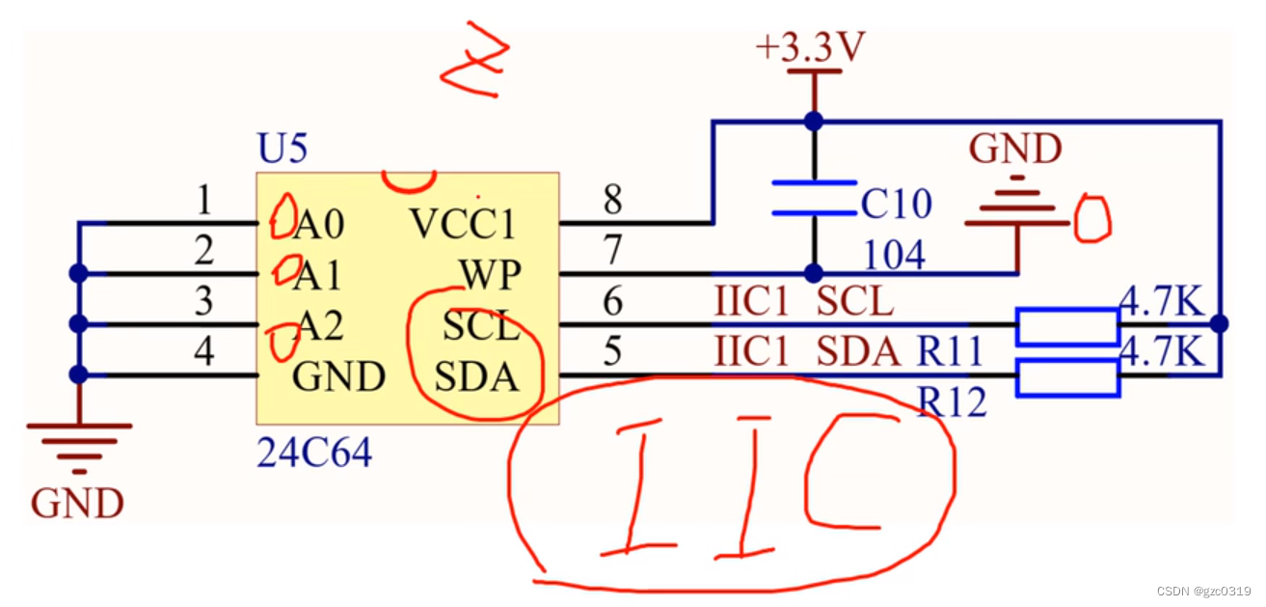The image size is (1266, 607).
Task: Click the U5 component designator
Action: (x=282, y=150)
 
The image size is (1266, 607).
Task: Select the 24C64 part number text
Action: (x=313, y=452)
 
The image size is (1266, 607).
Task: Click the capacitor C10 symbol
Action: (x=814, y=198)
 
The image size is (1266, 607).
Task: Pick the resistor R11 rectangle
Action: (x=1067, y=326)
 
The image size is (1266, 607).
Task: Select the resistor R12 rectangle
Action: (x=1067, y=377)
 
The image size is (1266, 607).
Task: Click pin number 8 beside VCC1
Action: (x=612, y=201)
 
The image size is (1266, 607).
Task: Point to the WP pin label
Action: (x=490, y=276)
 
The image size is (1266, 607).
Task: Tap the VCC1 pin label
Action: (x=463, y=224)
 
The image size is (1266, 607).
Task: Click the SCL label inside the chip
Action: (x=481, y=327)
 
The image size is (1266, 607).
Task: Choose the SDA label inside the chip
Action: (x=477, y=377)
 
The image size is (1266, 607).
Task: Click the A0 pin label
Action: (x=319, y=225)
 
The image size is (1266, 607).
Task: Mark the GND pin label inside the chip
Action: (x=339, y=377)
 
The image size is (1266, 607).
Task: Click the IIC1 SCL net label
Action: (x=803, y=303)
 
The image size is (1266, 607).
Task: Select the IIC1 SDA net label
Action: (x=806, y=353)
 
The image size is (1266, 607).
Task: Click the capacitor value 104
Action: (x=894, y=255)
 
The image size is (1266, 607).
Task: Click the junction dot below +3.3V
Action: (x=814, y=121)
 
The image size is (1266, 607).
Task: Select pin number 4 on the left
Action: (x=203, y=351)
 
